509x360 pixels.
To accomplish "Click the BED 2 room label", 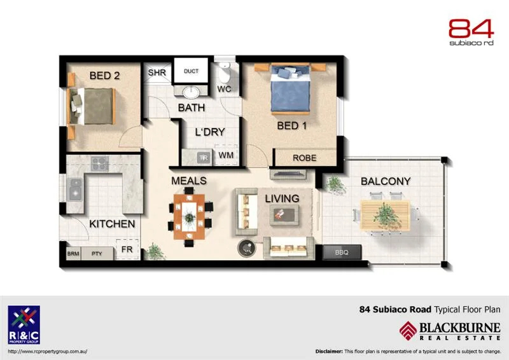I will click(x=105, y=76).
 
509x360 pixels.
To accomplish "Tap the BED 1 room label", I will click(x=292, y=125).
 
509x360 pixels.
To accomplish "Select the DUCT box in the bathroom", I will click(x=191, y=71).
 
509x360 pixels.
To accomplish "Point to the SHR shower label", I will click(x=157, y=73).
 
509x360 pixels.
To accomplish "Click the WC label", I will click(x=224, y=89).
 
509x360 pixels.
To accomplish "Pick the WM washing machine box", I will click(x=226, y=155).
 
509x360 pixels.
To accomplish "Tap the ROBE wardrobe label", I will click(x=305, y=158).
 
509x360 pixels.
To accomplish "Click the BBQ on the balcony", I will click(x=342, y=253).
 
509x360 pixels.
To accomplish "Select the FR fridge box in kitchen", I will click(x=127, y=249).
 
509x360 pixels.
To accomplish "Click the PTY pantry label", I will click(x=97, y=253).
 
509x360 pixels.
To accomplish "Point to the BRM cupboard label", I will click(x=73, y=253).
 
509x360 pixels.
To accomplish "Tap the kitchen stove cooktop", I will click(x=99, y=164).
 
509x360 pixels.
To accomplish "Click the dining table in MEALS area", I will click(x=190, y=216).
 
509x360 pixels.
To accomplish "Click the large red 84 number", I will click(x=470, y=29).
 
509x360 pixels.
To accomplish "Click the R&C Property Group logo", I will click(x=24, y=325).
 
